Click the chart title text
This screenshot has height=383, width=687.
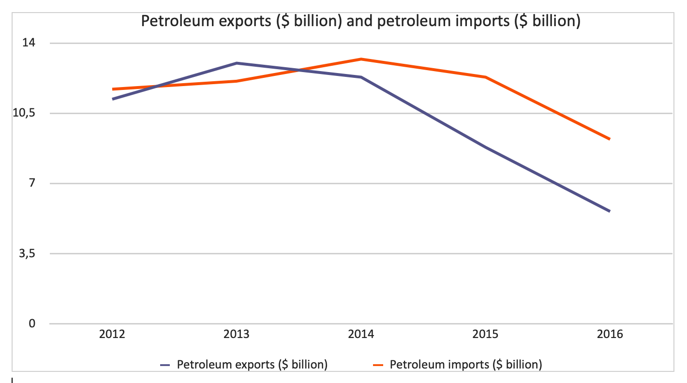tap(360, 21)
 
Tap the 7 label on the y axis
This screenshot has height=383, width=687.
tap(31, 183)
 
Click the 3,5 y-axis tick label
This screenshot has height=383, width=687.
tap(27, 253)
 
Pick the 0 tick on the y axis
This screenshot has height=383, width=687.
tap(31, 324)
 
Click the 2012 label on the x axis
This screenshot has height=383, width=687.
tap(112, 334)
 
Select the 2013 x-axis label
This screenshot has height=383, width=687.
tap(237, 334)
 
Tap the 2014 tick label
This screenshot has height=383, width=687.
tap(361, 334)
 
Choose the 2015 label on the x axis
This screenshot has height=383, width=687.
tap(485, 334)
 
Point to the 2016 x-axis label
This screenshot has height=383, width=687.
tap(610, 334)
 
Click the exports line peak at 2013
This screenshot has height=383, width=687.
tap(237, 63)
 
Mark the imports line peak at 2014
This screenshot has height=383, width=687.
tap(361, 59)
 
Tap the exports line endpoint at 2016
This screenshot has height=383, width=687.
tap(610, 211)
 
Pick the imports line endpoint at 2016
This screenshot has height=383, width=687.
tap(610, 139)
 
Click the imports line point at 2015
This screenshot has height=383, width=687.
tap(485, 77)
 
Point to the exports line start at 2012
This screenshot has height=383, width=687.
tap(112, 99)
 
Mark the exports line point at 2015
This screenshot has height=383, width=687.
tap(485, 147)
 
